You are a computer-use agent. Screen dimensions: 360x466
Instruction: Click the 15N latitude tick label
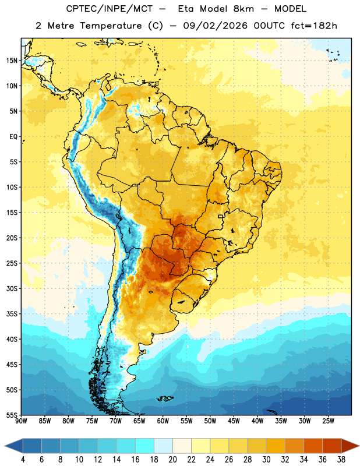click(12, 61)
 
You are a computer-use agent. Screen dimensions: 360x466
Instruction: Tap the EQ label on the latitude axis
click(13, 137)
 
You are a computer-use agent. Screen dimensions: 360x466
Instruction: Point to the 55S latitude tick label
click(12, 415)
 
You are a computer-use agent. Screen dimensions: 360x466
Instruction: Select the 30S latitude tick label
click(12, 288)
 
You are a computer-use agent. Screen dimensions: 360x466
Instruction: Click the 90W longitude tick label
click(21, 421)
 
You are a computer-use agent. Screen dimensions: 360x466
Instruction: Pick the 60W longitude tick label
click(163, 421)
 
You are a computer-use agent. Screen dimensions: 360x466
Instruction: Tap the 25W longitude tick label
click(328, 421)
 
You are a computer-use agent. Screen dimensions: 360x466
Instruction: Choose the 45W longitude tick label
click(234, 421)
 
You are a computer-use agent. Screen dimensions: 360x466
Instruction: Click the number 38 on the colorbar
click(341, 460)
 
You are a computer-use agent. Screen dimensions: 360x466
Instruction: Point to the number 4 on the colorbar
click(23, 460)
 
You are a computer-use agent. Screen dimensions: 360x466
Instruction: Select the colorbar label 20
click(172, 460)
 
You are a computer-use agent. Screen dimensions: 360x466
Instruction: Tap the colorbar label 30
click(266, 460)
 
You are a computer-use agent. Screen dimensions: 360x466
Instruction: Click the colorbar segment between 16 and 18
click(145, 446)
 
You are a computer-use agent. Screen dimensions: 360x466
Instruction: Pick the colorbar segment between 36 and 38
click(332, 446)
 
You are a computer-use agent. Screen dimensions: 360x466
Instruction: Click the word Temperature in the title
click(111, 26)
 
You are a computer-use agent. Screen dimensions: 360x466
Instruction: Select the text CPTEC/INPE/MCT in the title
click(109, 9)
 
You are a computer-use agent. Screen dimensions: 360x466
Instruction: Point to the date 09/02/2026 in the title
click(215, 26)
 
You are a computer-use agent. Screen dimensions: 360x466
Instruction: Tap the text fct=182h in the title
click(314, 26)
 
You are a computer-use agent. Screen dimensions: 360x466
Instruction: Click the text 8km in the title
click(243, 9)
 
